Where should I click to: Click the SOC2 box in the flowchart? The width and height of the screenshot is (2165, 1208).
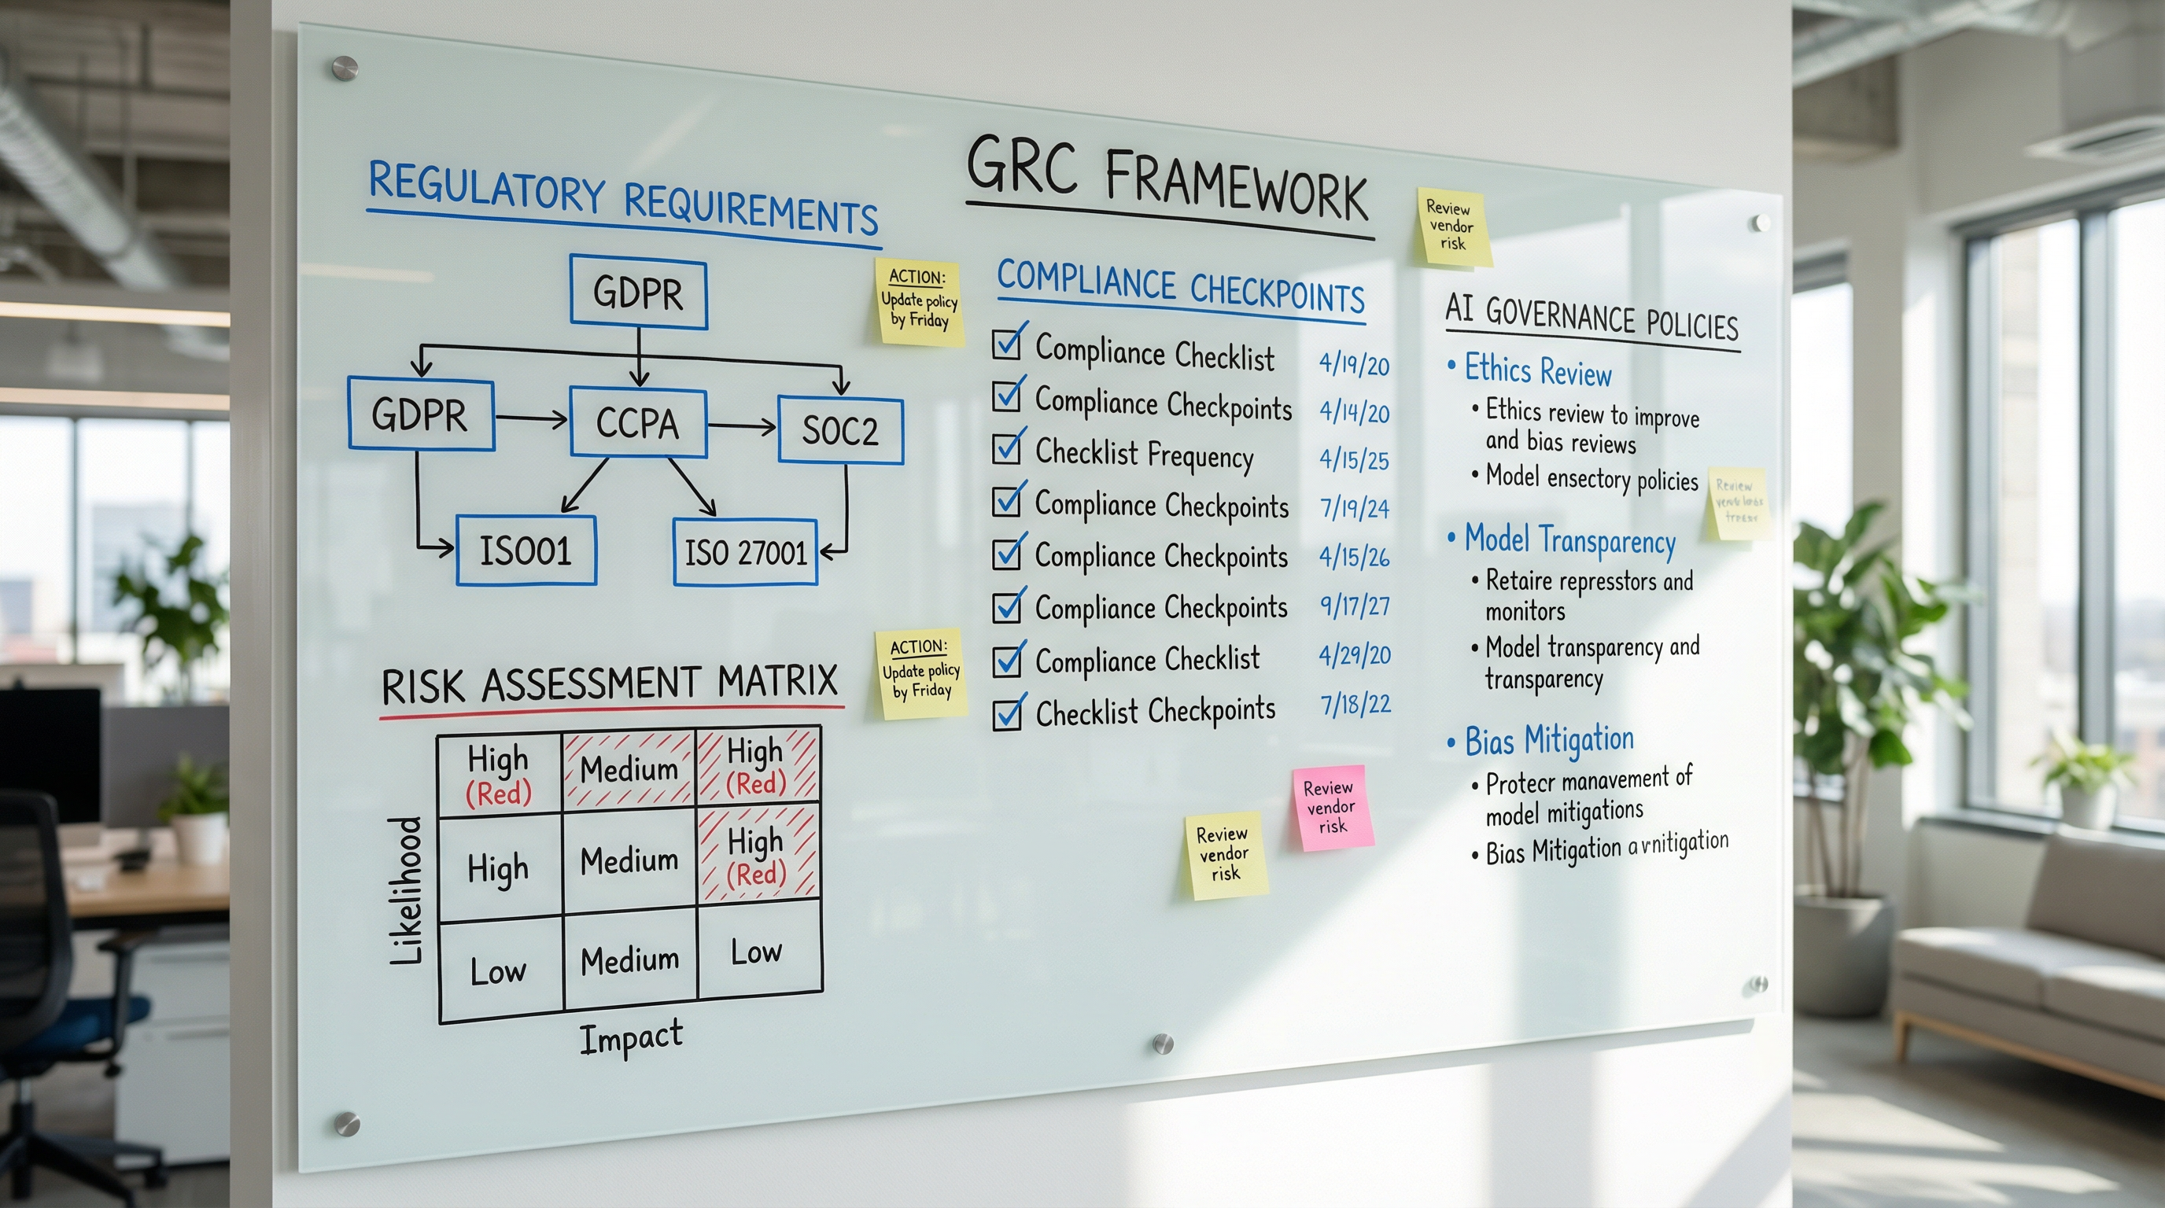[x=840, y=430]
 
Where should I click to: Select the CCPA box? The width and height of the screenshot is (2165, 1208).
[x=638, y=422]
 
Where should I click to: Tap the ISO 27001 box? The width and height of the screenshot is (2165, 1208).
[x=746, y=552]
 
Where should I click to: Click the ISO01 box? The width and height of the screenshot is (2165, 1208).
[x=526, y=551]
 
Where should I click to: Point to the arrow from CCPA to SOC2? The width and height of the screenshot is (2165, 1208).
[x=742, y=427]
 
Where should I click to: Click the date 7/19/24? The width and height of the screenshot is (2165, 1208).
[x=1354, y=507]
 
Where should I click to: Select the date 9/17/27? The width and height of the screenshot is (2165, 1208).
[x=1354, y=606]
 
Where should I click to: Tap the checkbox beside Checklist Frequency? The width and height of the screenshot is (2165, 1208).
[x=1006, y=448]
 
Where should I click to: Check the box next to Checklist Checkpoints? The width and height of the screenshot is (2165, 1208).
[x=1007, y=714]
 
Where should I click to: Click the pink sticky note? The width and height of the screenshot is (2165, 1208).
[x=1332, y=807]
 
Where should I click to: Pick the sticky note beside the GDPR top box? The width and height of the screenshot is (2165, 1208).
[x=919, y=300]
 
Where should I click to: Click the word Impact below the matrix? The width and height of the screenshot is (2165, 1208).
[x=631, y=1037]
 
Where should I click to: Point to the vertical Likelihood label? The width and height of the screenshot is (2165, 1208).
[x=406, y=889]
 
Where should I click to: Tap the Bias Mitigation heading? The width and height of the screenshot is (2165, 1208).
[x=1549, y=740]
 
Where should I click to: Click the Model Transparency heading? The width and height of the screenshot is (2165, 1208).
[x=1569, y=541]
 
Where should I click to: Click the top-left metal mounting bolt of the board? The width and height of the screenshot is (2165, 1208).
[x=345, y=68]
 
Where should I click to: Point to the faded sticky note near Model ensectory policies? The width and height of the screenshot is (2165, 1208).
[x=1738, y=503]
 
